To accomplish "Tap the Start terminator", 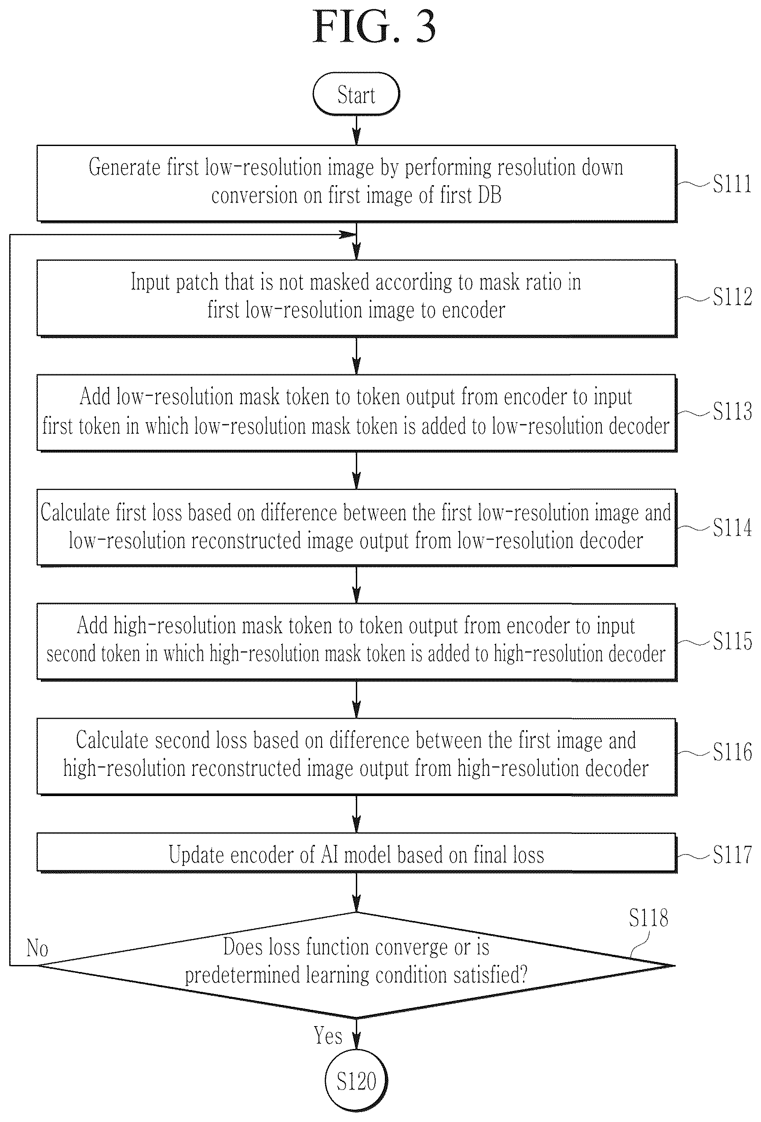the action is (x=356, y=94).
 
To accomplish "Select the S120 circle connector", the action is (x=356, y=1081).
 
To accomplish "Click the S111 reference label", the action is (x=732, y=184).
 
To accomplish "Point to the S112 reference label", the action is (x=732, y=297).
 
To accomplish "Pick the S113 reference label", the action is (x=732, y=411).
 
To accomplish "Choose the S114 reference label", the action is (x=732, y=527).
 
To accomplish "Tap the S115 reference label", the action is (x=732, y=641).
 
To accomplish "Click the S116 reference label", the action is (x=732, y=752).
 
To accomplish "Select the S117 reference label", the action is (x=732, y=855).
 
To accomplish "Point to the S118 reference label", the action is (x=648, y=918).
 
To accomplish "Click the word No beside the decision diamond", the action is (x=37, y=948).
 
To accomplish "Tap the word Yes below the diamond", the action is (x=328, y=1036).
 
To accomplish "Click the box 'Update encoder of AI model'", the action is (x=356, y=854).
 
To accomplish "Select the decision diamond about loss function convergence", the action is (x=356, y=965).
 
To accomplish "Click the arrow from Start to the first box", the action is (x=356, y=130).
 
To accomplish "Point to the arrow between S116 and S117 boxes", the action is (x=356, y=815).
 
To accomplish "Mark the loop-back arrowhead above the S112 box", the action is (x=348, y=234).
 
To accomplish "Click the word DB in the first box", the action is (x=489, y=196).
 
